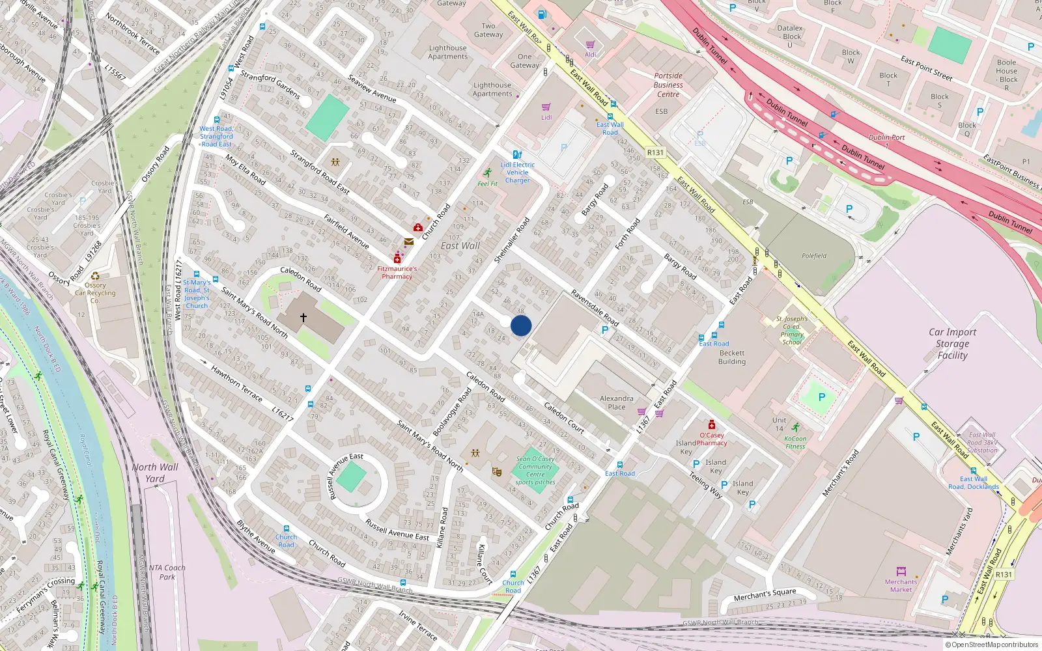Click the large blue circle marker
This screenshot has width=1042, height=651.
coord(521,325)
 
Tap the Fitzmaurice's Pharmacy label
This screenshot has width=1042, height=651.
coord(397,272)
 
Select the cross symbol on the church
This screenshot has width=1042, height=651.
coord(303,318)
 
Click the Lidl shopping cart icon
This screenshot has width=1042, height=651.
coord(546,107)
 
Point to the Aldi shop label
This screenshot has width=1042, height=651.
coord(590,55)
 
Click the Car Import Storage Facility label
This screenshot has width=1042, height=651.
coord(952,344)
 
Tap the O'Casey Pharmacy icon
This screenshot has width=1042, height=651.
coord(712,425)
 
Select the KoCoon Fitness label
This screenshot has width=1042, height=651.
coord(795,443)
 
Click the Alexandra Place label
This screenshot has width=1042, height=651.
coord(616,402)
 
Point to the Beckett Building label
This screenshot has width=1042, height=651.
coord(732,357)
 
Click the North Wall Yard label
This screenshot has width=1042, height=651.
coord(155,473)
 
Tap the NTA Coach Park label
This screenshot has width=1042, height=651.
coord(167,572)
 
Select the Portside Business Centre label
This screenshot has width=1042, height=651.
coord(668,85)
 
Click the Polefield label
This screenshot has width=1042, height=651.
coord(814,256)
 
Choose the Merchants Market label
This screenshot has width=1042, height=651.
coord(901,586)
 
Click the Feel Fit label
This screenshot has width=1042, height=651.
coord(487,184)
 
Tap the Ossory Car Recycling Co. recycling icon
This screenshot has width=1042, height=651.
coord(95,276)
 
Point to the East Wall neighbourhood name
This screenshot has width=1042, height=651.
coord(460,245)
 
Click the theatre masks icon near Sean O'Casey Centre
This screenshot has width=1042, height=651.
coord(496,471)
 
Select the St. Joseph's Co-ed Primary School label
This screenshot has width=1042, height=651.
coord(792,331)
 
